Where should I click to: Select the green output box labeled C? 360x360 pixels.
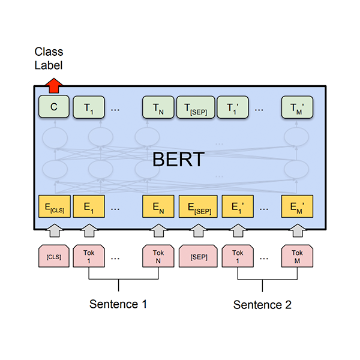53,108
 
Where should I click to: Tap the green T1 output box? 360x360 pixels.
89,108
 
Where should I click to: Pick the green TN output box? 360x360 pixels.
158,108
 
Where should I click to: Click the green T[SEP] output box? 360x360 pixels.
196,108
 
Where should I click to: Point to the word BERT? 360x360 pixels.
178,160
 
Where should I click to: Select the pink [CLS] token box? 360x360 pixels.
53,256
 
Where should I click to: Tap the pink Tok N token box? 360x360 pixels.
158,256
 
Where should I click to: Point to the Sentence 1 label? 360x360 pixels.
118,304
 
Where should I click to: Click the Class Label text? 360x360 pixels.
49,59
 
